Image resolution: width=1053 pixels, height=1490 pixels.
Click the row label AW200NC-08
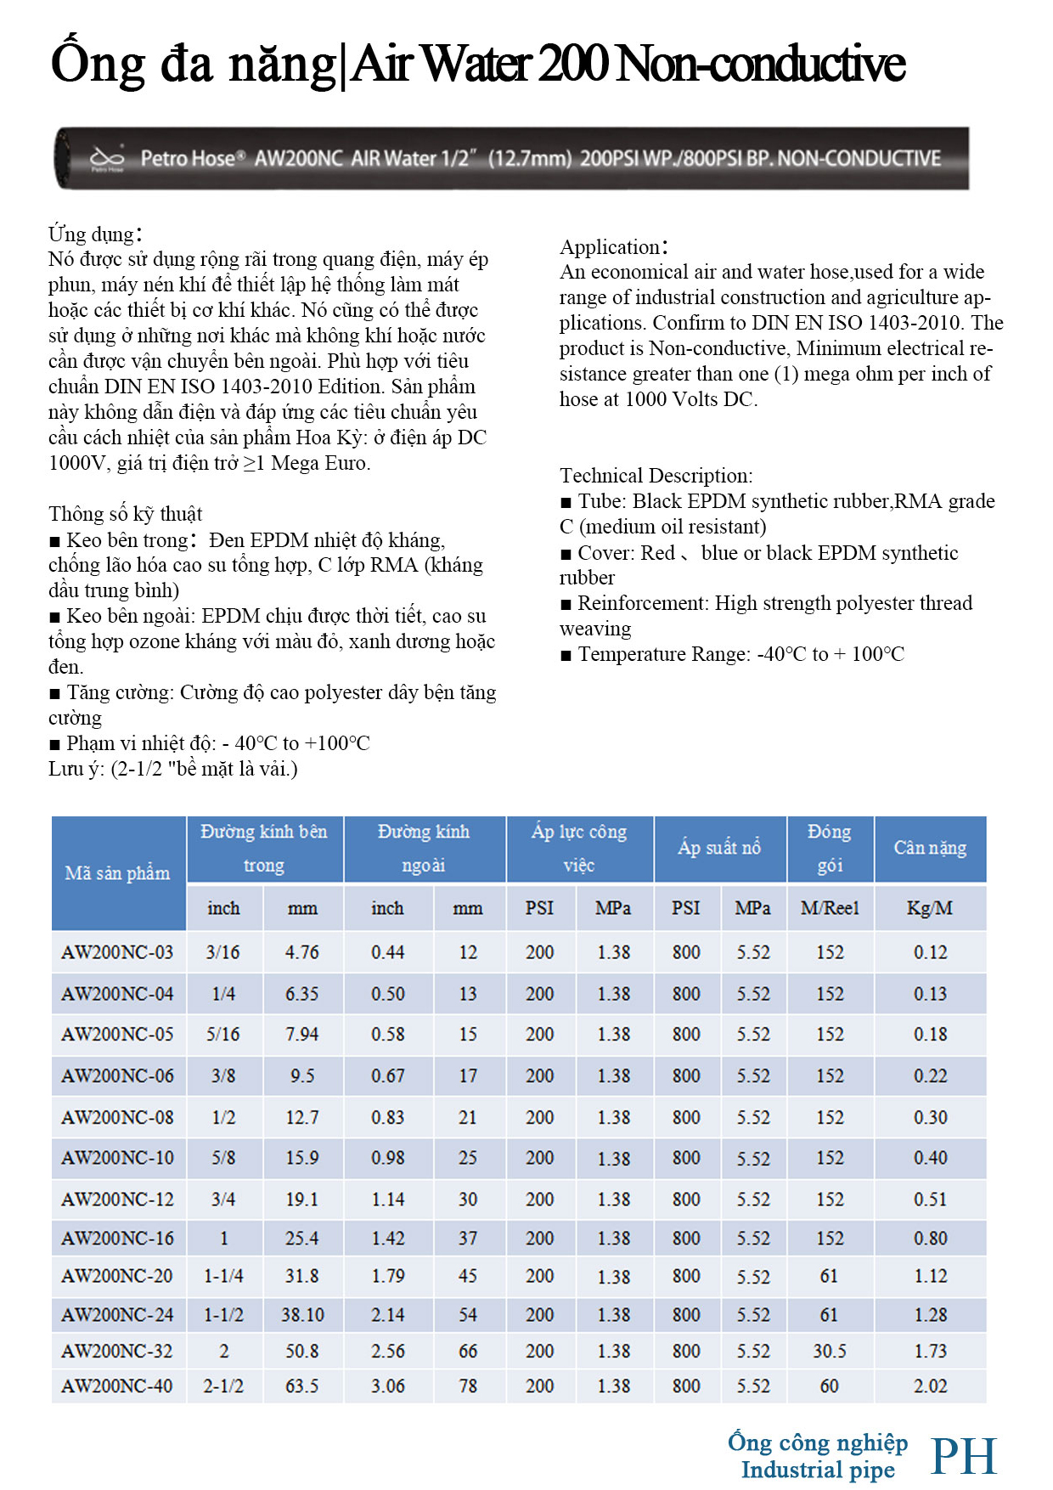tap(117, 1117)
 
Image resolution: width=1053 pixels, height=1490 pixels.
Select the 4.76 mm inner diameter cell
tap(301, 952)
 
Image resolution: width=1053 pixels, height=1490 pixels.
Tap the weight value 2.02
tap(930, 1386)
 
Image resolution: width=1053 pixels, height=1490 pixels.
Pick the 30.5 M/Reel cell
tap(829, 1351)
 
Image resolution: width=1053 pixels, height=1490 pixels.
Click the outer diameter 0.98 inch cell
tap(387, 1158)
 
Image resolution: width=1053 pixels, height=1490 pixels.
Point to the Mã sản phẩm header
tap(117, 873)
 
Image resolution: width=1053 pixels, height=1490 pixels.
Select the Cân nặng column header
tap(930, 848)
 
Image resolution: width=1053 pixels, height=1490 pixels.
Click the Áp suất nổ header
tap(719, 848)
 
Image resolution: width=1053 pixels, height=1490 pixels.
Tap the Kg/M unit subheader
tap(930, 908)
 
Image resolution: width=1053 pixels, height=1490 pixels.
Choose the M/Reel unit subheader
tap(830, 908)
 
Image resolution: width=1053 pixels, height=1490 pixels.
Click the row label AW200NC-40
tap(117, 1386)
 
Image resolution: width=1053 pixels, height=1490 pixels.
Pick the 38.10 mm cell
tap(302, 1314)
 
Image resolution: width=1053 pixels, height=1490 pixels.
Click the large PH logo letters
tap(963, 1456)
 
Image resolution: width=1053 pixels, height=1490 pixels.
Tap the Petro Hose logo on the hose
tap(108, 158)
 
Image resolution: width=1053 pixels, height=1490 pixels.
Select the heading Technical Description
tap(656, 476)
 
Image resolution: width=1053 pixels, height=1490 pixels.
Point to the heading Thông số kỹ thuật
tap(125, 514)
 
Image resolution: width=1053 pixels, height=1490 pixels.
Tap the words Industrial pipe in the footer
tap(818, 1470)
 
